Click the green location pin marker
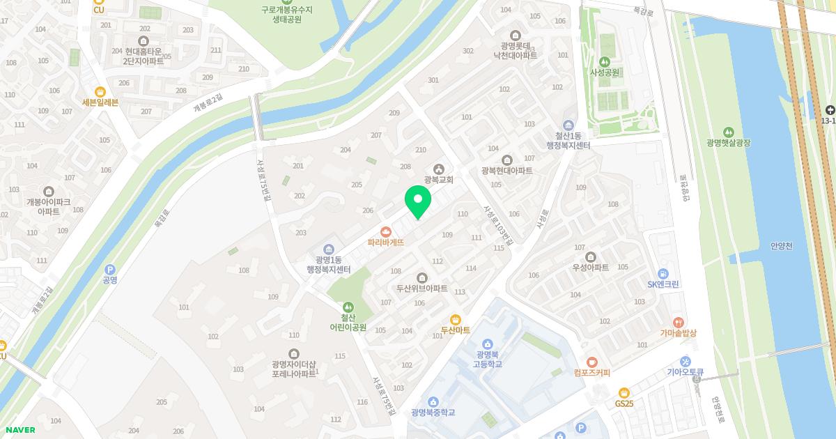tap(418, 202)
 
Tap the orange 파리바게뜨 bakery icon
tap(385, 232)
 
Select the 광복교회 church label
tap(439, 180)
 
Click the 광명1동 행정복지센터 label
tap(328, 264)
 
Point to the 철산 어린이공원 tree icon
tap(348, 307)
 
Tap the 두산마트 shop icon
tap(456, 318)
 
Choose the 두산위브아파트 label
tap(421, 288)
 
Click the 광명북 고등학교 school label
tap(488, 359)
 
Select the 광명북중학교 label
tap(433, 413)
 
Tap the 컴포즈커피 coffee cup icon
tap(591, 362)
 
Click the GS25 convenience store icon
tap(624, 392)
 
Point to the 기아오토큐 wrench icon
tap(686, 362)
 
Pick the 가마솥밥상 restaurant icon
tap(679, 323)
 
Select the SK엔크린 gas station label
tap(663, 284)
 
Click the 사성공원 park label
tap(605, 72)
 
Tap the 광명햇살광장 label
tap(728, 142)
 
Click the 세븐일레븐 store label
tap(100, 102)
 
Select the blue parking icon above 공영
tap(109, 269)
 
